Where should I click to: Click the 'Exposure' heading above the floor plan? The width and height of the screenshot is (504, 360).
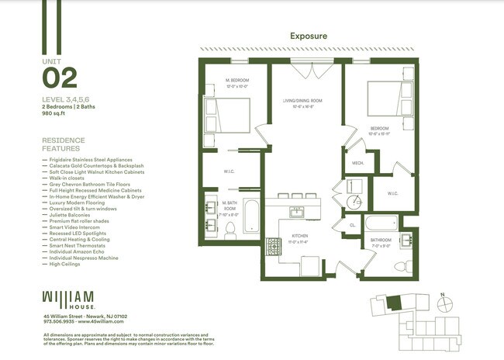[309, 36]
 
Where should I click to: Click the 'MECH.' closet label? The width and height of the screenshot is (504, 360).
[359, 163]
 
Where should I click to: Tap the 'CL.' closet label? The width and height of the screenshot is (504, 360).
[352, 225]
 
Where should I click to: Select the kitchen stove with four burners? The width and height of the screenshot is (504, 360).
[275, 247]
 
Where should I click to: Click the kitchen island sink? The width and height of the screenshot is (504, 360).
[297, 211]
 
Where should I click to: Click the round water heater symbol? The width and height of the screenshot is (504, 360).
[354, 201]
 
